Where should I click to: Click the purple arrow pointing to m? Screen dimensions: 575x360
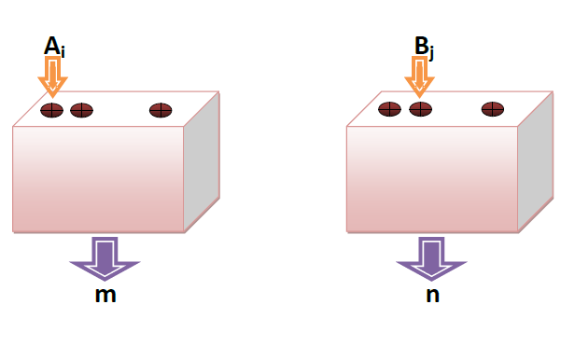click(105, 257)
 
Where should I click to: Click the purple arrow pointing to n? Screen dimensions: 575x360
click(430, 257)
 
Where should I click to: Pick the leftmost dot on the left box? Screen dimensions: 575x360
click(51, 110)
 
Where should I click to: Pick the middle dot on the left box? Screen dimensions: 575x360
click(82, 110)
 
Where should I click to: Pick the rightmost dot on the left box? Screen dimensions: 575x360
click(161, 110)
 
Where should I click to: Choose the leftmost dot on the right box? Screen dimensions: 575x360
click(389, 109)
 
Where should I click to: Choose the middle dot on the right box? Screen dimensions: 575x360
click(420, 109)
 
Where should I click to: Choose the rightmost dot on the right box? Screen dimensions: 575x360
click(493, 109)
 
